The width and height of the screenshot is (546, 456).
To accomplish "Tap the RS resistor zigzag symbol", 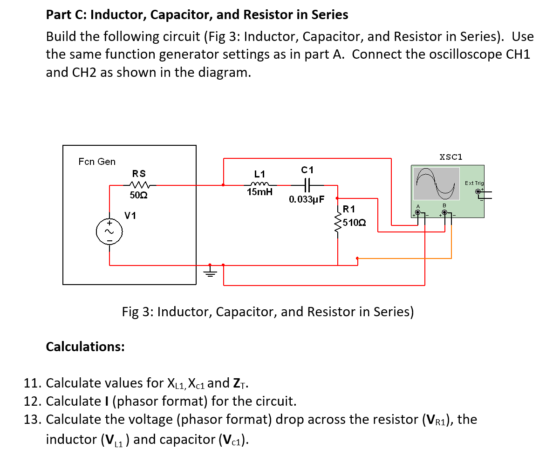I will coord(139,184).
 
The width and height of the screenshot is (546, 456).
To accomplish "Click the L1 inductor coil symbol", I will coord(259,184).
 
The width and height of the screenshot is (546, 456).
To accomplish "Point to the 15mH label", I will coord(259,192).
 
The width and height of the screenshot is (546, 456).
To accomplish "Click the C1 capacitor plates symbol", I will coord(307,185).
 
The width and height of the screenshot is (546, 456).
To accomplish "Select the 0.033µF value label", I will coord(306,200).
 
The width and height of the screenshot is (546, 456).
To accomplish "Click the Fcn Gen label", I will coord(97,162).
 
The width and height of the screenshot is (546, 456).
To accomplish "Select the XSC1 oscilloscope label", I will coord(450,157).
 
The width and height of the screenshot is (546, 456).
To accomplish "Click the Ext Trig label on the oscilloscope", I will coord(474,184).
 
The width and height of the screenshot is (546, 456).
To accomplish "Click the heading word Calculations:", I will coord(85,347).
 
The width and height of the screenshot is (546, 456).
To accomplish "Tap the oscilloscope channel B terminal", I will coord(445,213).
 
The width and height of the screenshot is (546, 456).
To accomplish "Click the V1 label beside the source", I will coord(130,216).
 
